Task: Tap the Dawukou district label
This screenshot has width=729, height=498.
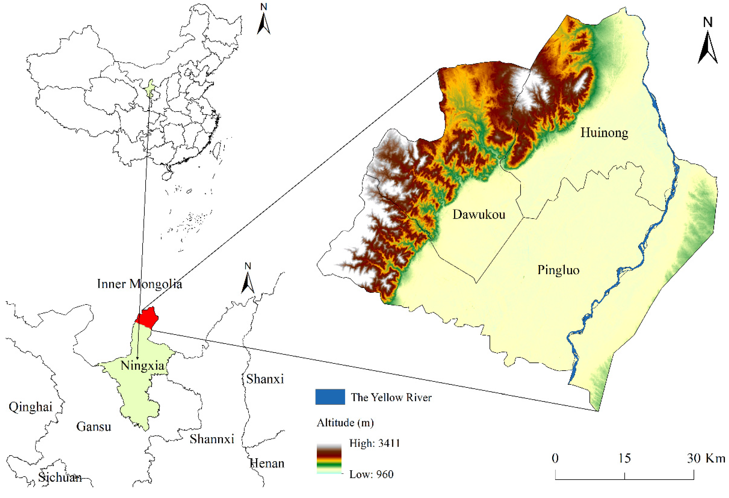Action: (x=479, y=215)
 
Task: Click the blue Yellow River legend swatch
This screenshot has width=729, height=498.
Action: (x=330, y=397)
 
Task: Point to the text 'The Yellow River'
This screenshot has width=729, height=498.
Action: (x=391, y=398)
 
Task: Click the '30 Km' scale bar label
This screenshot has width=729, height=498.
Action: (x=706, y=458)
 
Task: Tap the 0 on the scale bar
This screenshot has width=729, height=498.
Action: (x=555, y=458)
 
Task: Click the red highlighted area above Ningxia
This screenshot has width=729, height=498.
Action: (x=148, y=318)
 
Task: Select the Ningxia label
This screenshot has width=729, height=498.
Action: (x=143, y=366)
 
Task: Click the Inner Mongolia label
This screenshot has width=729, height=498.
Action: (x=139, y=284)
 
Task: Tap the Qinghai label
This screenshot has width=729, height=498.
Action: (x=30, y=407)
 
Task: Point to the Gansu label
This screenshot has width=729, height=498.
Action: (x=93, y=427)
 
